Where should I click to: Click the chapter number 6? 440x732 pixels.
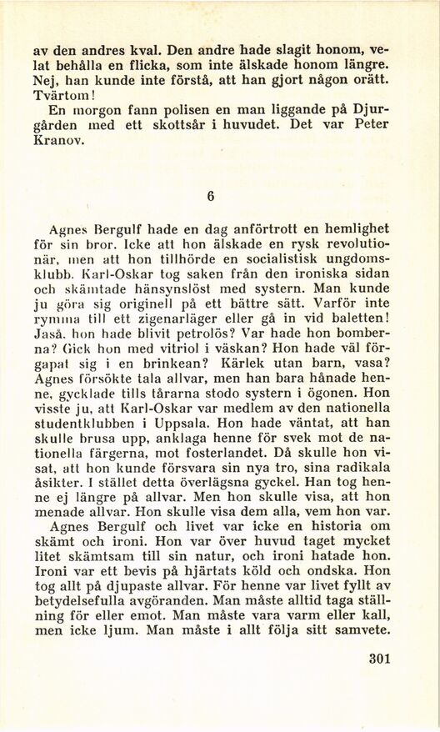pos(211,197)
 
